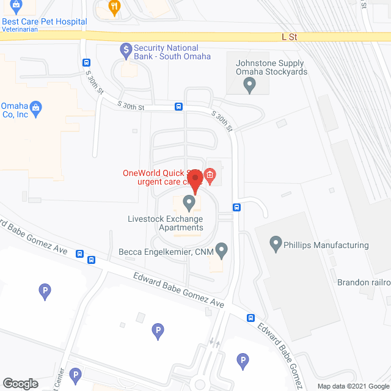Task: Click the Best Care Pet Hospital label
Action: coord(44,21)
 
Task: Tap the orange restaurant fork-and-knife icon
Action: coord(114,8)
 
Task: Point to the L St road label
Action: coord(289,37)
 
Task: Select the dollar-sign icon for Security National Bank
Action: coord(125,48)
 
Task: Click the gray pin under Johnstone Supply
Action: coord(249,86)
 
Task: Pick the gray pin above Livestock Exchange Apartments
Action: coord(189,201)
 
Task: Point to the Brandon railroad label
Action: coord(364,282)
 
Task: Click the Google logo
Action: coord(20,383)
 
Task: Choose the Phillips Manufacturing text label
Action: coord(327,245)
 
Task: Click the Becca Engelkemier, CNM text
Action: coord(165,251)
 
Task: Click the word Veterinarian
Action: coord(24,30)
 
